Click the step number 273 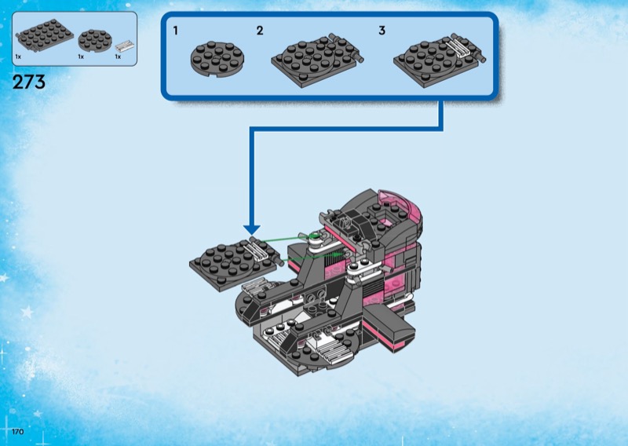pyautogui.click(x=29, y=82)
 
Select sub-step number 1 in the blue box pyautogui.click(x=177, y=31)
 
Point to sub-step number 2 pyautogui.click(x=259, y=31)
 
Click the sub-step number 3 pyautogui.click(x=382, y=31)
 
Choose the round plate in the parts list pyautogui.click(x=96, y=39)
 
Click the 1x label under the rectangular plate pyautogui.click(x=18, y=57)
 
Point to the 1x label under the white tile pyautogui.click(x=118, y=57)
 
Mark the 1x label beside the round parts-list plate pyautogui.click(x=81, y=57)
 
